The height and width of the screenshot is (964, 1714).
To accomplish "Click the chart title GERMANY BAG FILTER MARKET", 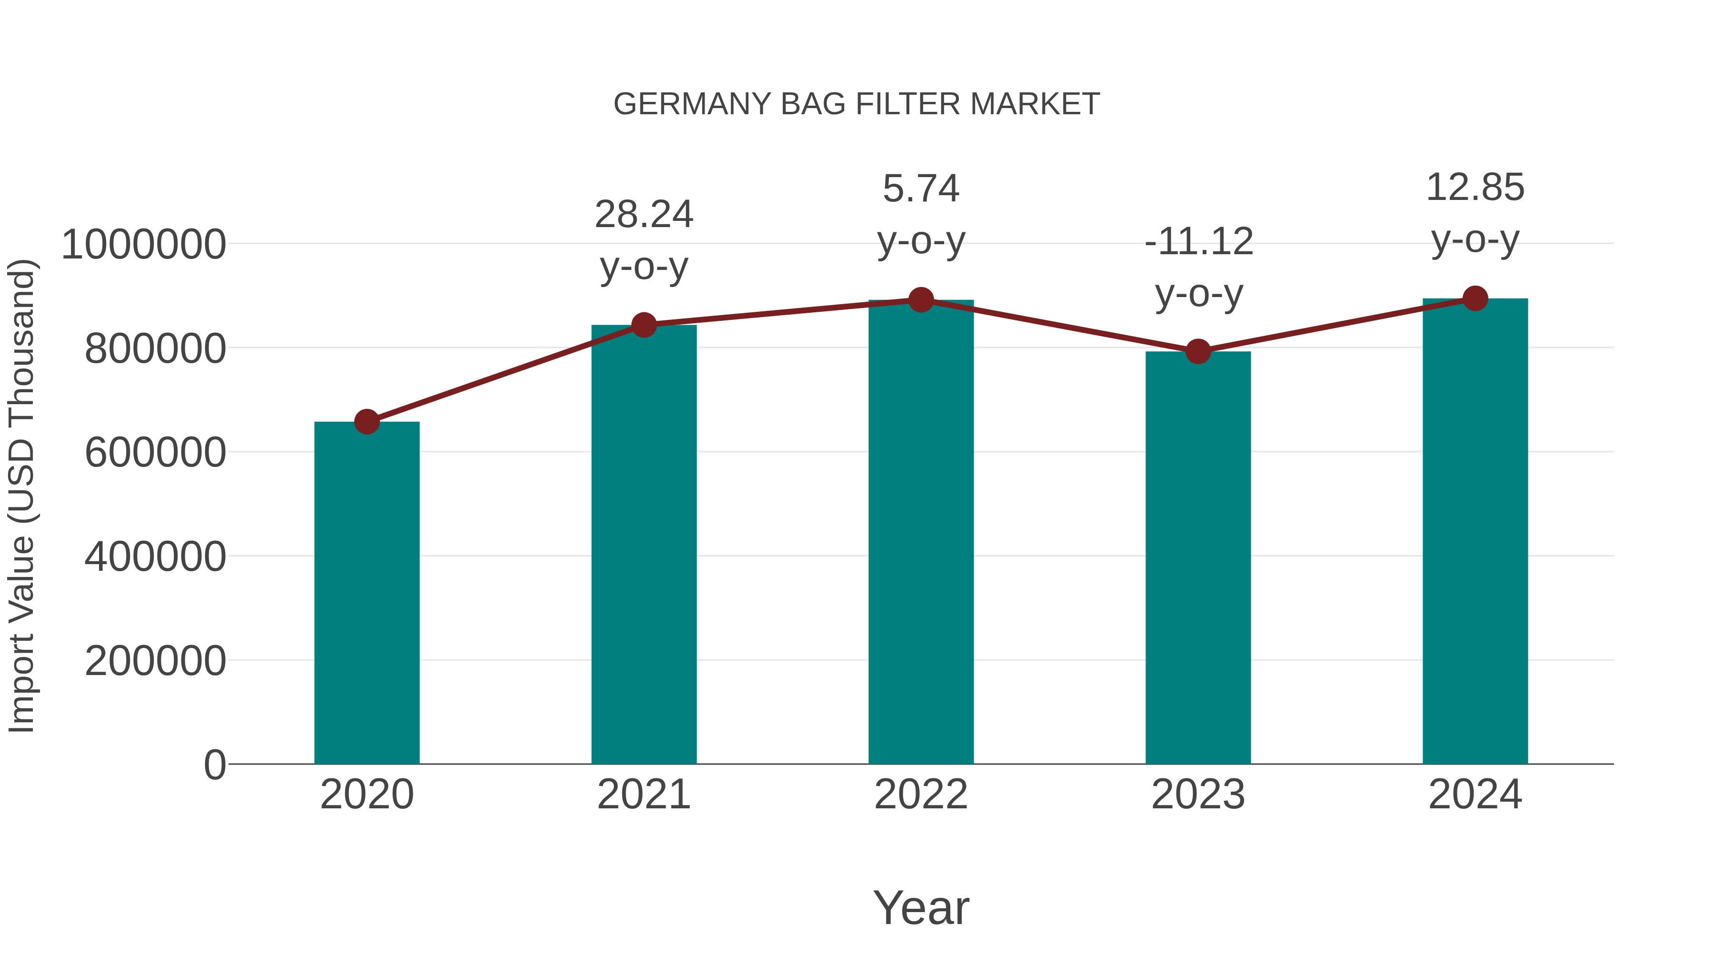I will point(857,104).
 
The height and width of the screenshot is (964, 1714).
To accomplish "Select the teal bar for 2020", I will point(367,592).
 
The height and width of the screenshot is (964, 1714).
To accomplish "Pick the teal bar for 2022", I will point(921,532).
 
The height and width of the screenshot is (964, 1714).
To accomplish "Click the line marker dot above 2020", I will point(367,422).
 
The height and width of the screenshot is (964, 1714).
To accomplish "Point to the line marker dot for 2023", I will point(1198,351).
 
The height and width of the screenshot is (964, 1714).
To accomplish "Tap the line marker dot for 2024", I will point(1475,298).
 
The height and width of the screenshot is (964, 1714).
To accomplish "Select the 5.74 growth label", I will point(921,189).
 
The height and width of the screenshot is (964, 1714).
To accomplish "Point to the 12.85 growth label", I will point(1475,188).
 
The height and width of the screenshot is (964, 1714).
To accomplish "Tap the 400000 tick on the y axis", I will point(155,557).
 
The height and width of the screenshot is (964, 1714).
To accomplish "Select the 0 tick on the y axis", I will point(215,765).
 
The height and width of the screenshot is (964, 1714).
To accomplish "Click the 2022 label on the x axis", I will point(921,795).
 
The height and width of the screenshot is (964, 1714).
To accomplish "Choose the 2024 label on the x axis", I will point(1475,795).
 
